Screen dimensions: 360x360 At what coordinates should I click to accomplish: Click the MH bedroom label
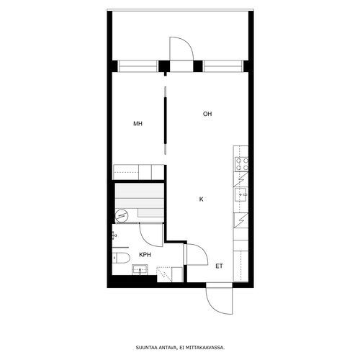point(138,124)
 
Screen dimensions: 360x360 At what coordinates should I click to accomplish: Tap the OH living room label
point(207,114)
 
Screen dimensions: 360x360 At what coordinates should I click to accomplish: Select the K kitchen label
point(202,199)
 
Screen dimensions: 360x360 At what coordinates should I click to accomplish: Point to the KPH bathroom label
point(145,255)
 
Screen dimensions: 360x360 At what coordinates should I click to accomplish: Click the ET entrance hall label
point(219,266)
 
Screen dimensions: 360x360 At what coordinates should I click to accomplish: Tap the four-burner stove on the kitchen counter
point(241,164)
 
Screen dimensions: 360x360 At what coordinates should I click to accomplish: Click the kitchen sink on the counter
point(241,194)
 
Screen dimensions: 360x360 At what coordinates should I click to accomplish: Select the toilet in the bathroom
point(121,258)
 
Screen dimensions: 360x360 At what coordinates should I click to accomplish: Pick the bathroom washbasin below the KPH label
point(140,270)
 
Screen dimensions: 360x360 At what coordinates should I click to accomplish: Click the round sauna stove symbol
point(121,216)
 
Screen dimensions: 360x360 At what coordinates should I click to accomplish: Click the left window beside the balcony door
point(138,66)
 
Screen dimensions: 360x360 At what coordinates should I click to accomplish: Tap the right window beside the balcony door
point(223,66)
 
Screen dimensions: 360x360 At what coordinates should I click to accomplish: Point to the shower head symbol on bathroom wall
point(114,235)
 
